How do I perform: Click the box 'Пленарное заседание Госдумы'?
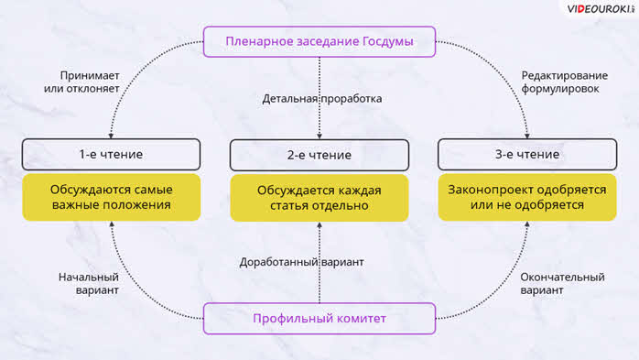[319, 41]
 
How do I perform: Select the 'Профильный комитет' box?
[319, 319]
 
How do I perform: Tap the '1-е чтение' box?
[112, 154]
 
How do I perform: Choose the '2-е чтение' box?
[319, 155]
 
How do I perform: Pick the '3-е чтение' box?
[527, 154]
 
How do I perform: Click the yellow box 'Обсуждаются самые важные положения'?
[112, 197]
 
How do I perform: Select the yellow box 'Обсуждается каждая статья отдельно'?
[319, 198]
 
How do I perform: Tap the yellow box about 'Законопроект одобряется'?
[527, 197]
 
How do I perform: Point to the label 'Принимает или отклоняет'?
[81, 82]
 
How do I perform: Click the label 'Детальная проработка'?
[322, 99]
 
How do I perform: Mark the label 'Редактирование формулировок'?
[565, 82]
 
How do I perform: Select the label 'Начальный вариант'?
[89, 283]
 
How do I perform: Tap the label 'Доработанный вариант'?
[301, 262]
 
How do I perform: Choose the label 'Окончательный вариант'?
[562, 283]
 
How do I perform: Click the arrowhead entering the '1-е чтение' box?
[111, 136]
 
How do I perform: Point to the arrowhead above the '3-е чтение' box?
[527, 136]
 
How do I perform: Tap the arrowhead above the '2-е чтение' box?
[319, 136]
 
